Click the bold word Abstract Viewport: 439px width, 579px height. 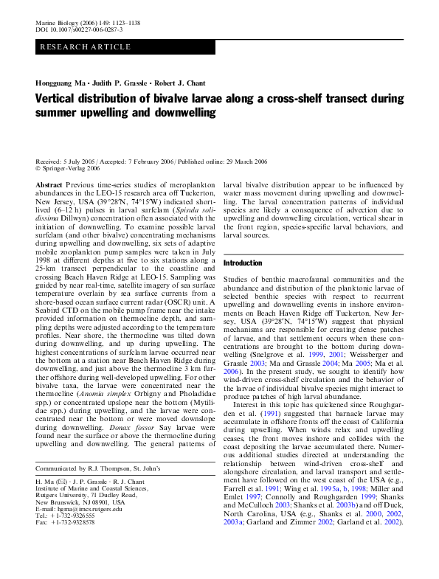pyautogui.click(x=49, y=184)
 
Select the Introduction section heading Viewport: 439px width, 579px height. pyautogui.click(x=242, y=263)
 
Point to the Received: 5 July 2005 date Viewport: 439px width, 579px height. pyautogui.click(x=68, y=160)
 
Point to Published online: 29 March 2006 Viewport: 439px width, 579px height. pyautogui.click(x=225, y=160)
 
